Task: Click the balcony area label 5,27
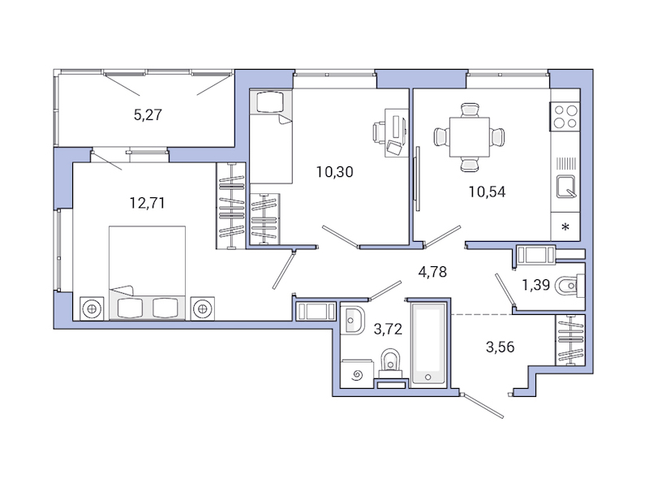(x=148, y=114)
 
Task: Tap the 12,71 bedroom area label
(x=148, y=203)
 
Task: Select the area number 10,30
(x=335, y=171)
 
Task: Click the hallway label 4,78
(x=432, y=271)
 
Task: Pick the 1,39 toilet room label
(x=536, y=284)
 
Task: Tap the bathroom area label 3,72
(x=388, y=329)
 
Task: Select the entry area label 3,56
(x=500, y=347)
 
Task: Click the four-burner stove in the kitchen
(x=565, y=118)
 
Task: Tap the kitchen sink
(x=565, y=187)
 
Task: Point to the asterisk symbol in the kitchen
(x=565, y=226)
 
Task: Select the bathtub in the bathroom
(x=428, y=343)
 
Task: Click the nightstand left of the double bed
(x=92, y=308)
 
